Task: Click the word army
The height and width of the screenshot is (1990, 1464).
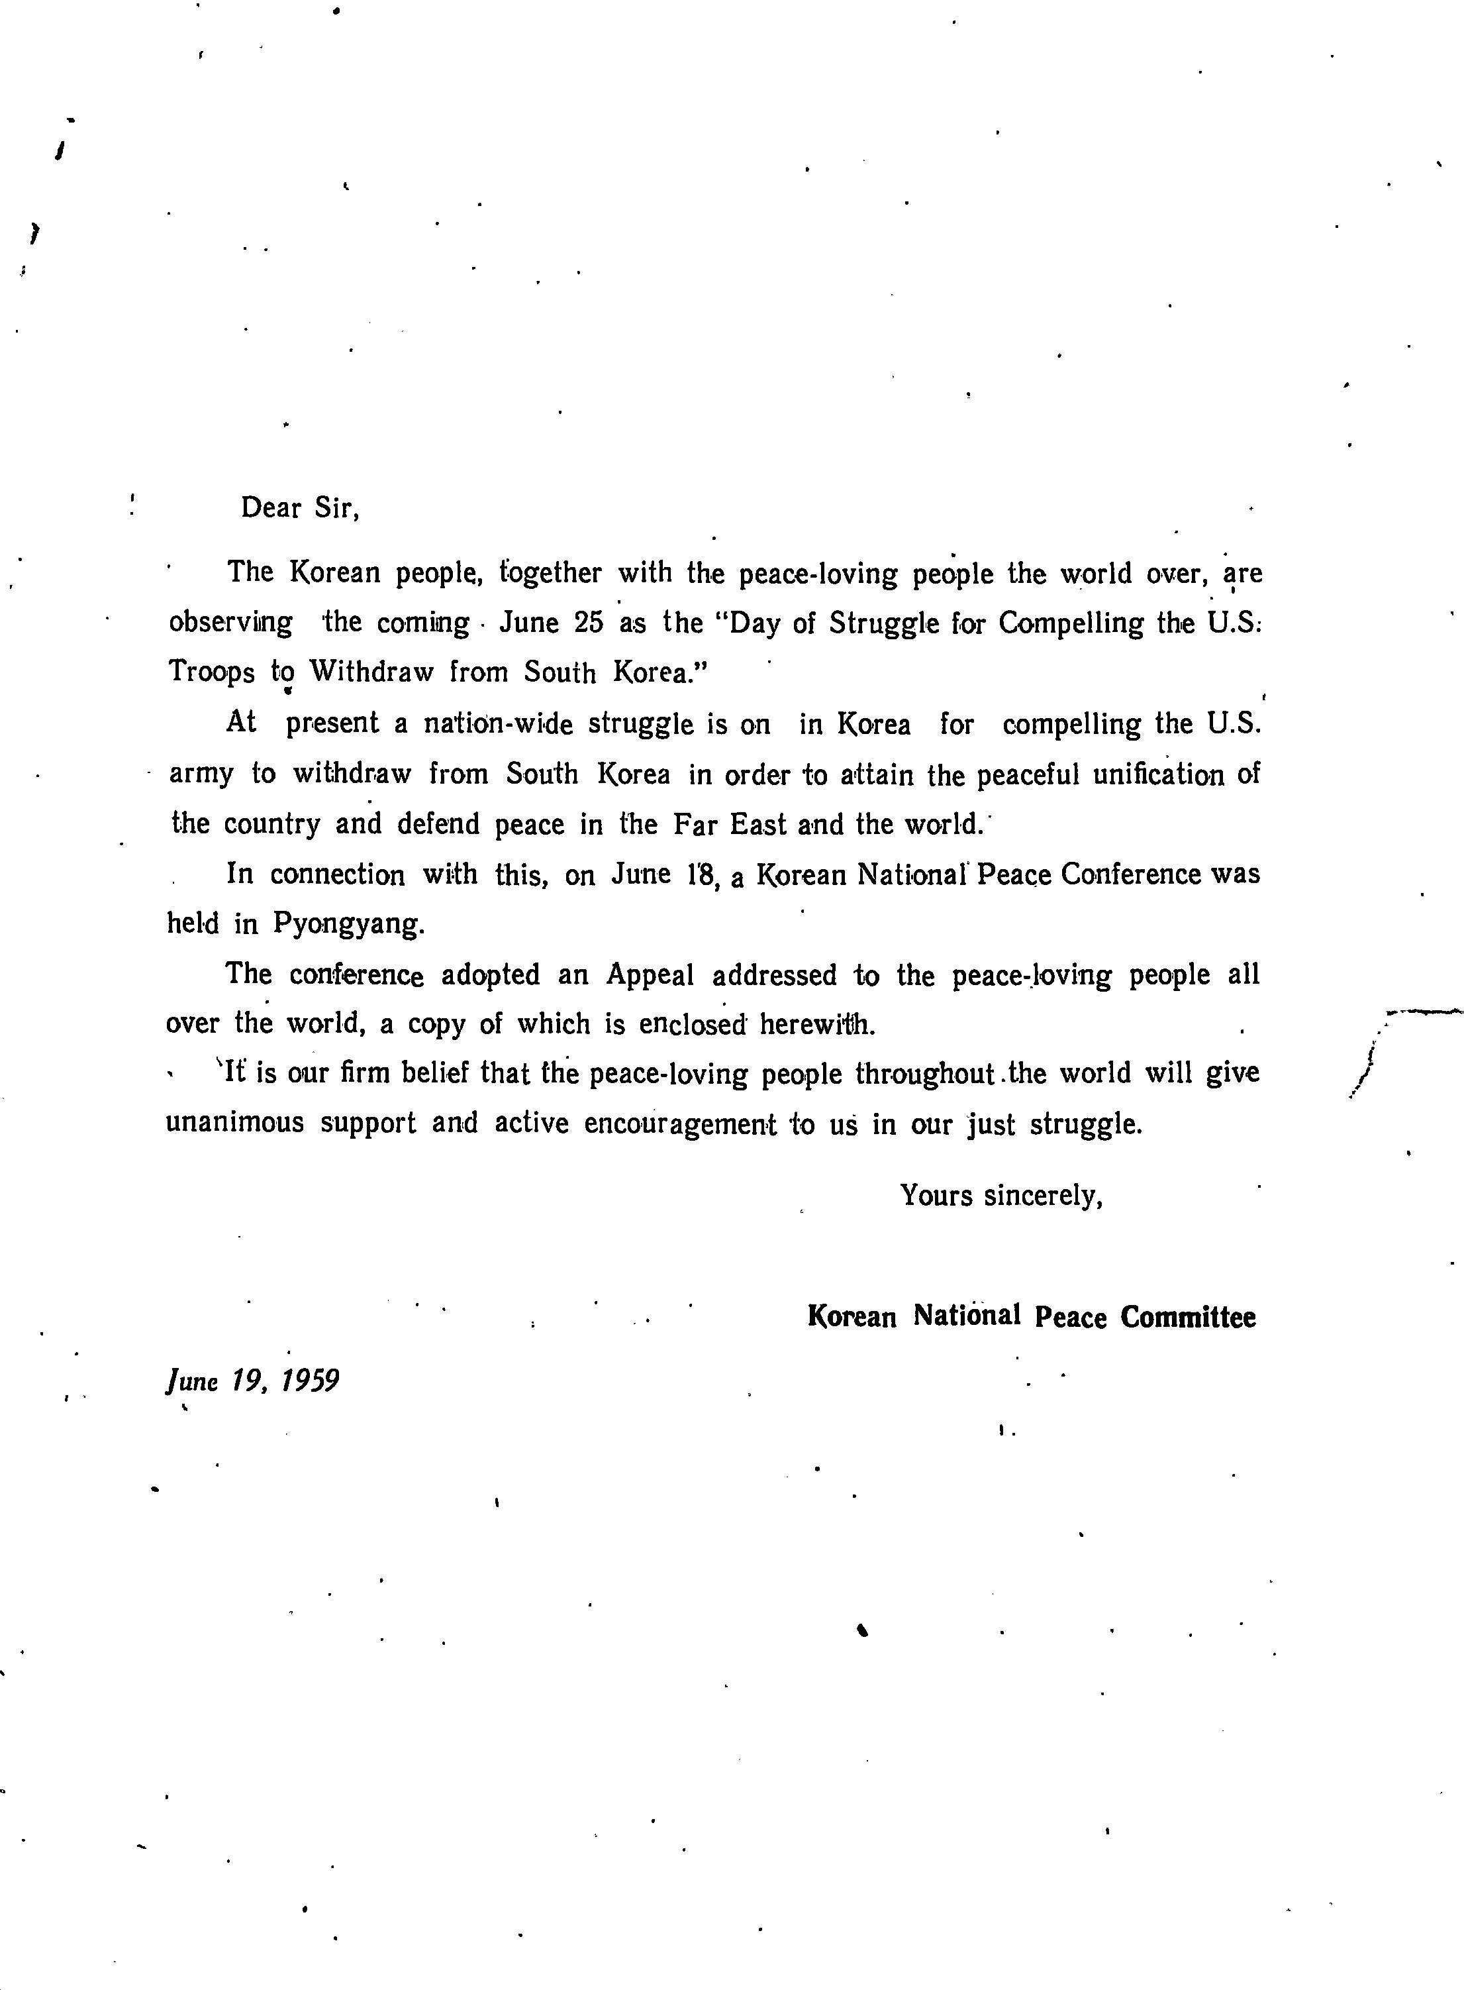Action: click(201, 774)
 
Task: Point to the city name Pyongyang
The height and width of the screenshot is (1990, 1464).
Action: click(348, 925)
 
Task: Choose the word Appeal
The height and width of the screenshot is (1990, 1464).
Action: click(650, 975)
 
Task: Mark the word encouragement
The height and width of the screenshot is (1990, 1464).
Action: click(680, 1124)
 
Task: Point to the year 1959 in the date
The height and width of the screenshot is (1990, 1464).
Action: click(310, 1381)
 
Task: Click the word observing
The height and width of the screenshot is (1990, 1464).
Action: click(230, 623)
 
